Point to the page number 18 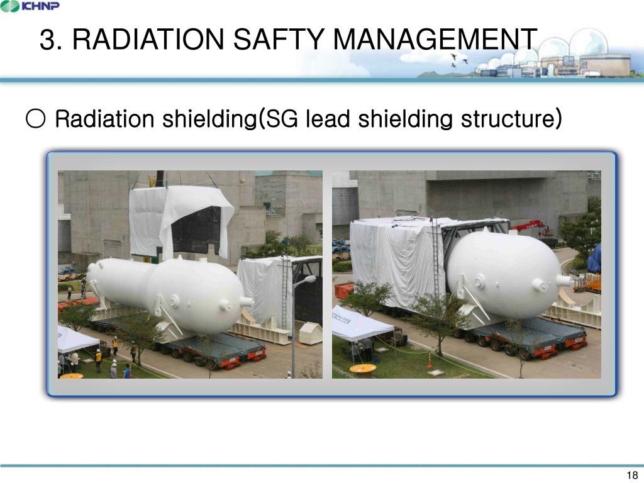(633, 475)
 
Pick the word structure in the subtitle (510, 118)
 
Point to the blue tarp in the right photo (594, 258)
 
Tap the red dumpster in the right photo (343, 290)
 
